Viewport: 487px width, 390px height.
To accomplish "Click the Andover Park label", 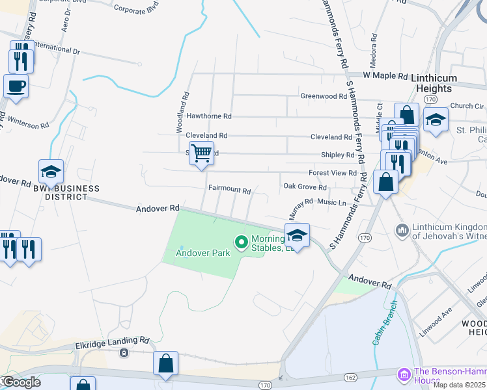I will (x=203, y=253).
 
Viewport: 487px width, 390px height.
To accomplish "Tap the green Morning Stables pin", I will (x=242, y=243).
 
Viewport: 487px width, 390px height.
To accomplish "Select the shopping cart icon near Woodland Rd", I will (x=202, y=154).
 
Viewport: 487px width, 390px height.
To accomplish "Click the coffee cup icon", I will (x=16, y=85).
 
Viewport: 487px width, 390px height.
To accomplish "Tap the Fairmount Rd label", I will (x=229, y=191).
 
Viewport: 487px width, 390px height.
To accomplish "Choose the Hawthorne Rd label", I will (x=209, y=116).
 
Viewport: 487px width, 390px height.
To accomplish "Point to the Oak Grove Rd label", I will (x=305, y=187).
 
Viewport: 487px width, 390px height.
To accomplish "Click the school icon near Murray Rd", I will (x=297, y=235).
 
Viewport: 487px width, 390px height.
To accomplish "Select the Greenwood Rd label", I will (x=323, y=96).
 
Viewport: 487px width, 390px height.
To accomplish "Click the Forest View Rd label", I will (x=333, y=174).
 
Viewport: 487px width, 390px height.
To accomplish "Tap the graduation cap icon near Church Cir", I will (x=436, y=120).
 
